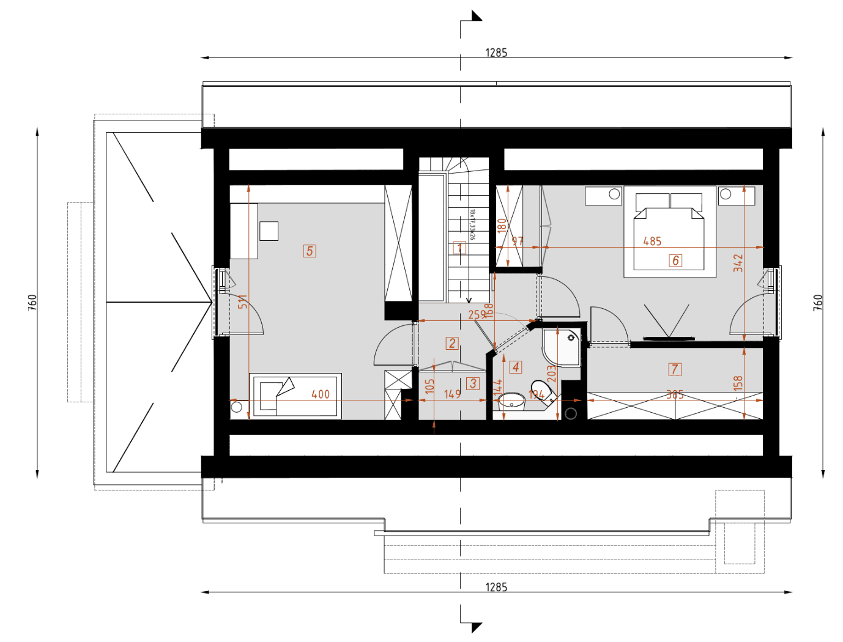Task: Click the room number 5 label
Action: (x=310, y=251)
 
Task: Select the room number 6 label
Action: (x=675, y=260)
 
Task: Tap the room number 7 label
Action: (x=675, y=369)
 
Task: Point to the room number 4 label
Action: (x=516, y=367)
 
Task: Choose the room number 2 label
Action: (x=452, y=343)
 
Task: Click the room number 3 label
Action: (x=472, y=383)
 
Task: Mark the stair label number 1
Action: (x=459, y=248)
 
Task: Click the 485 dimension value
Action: (x=652, y=242)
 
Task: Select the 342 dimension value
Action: (x=738, y=263)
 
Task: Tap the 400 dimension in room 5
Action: (x=321, y=394)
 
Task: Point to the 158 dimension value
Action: (x=738, y=383)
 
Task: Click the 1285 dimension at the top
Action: (x=496, y=53)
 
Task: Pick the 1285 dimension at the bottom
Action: (x=496, y=587)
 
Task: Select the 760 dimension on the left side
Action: (x=32, y=302)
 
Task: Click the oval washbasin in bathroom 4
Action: (x=511, y=401)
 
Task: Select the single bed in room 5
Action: (x=295, y=395)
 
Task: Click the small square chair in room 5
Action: (x=269, y=231)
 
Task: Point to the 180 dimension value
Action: (x=502, y=225)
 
